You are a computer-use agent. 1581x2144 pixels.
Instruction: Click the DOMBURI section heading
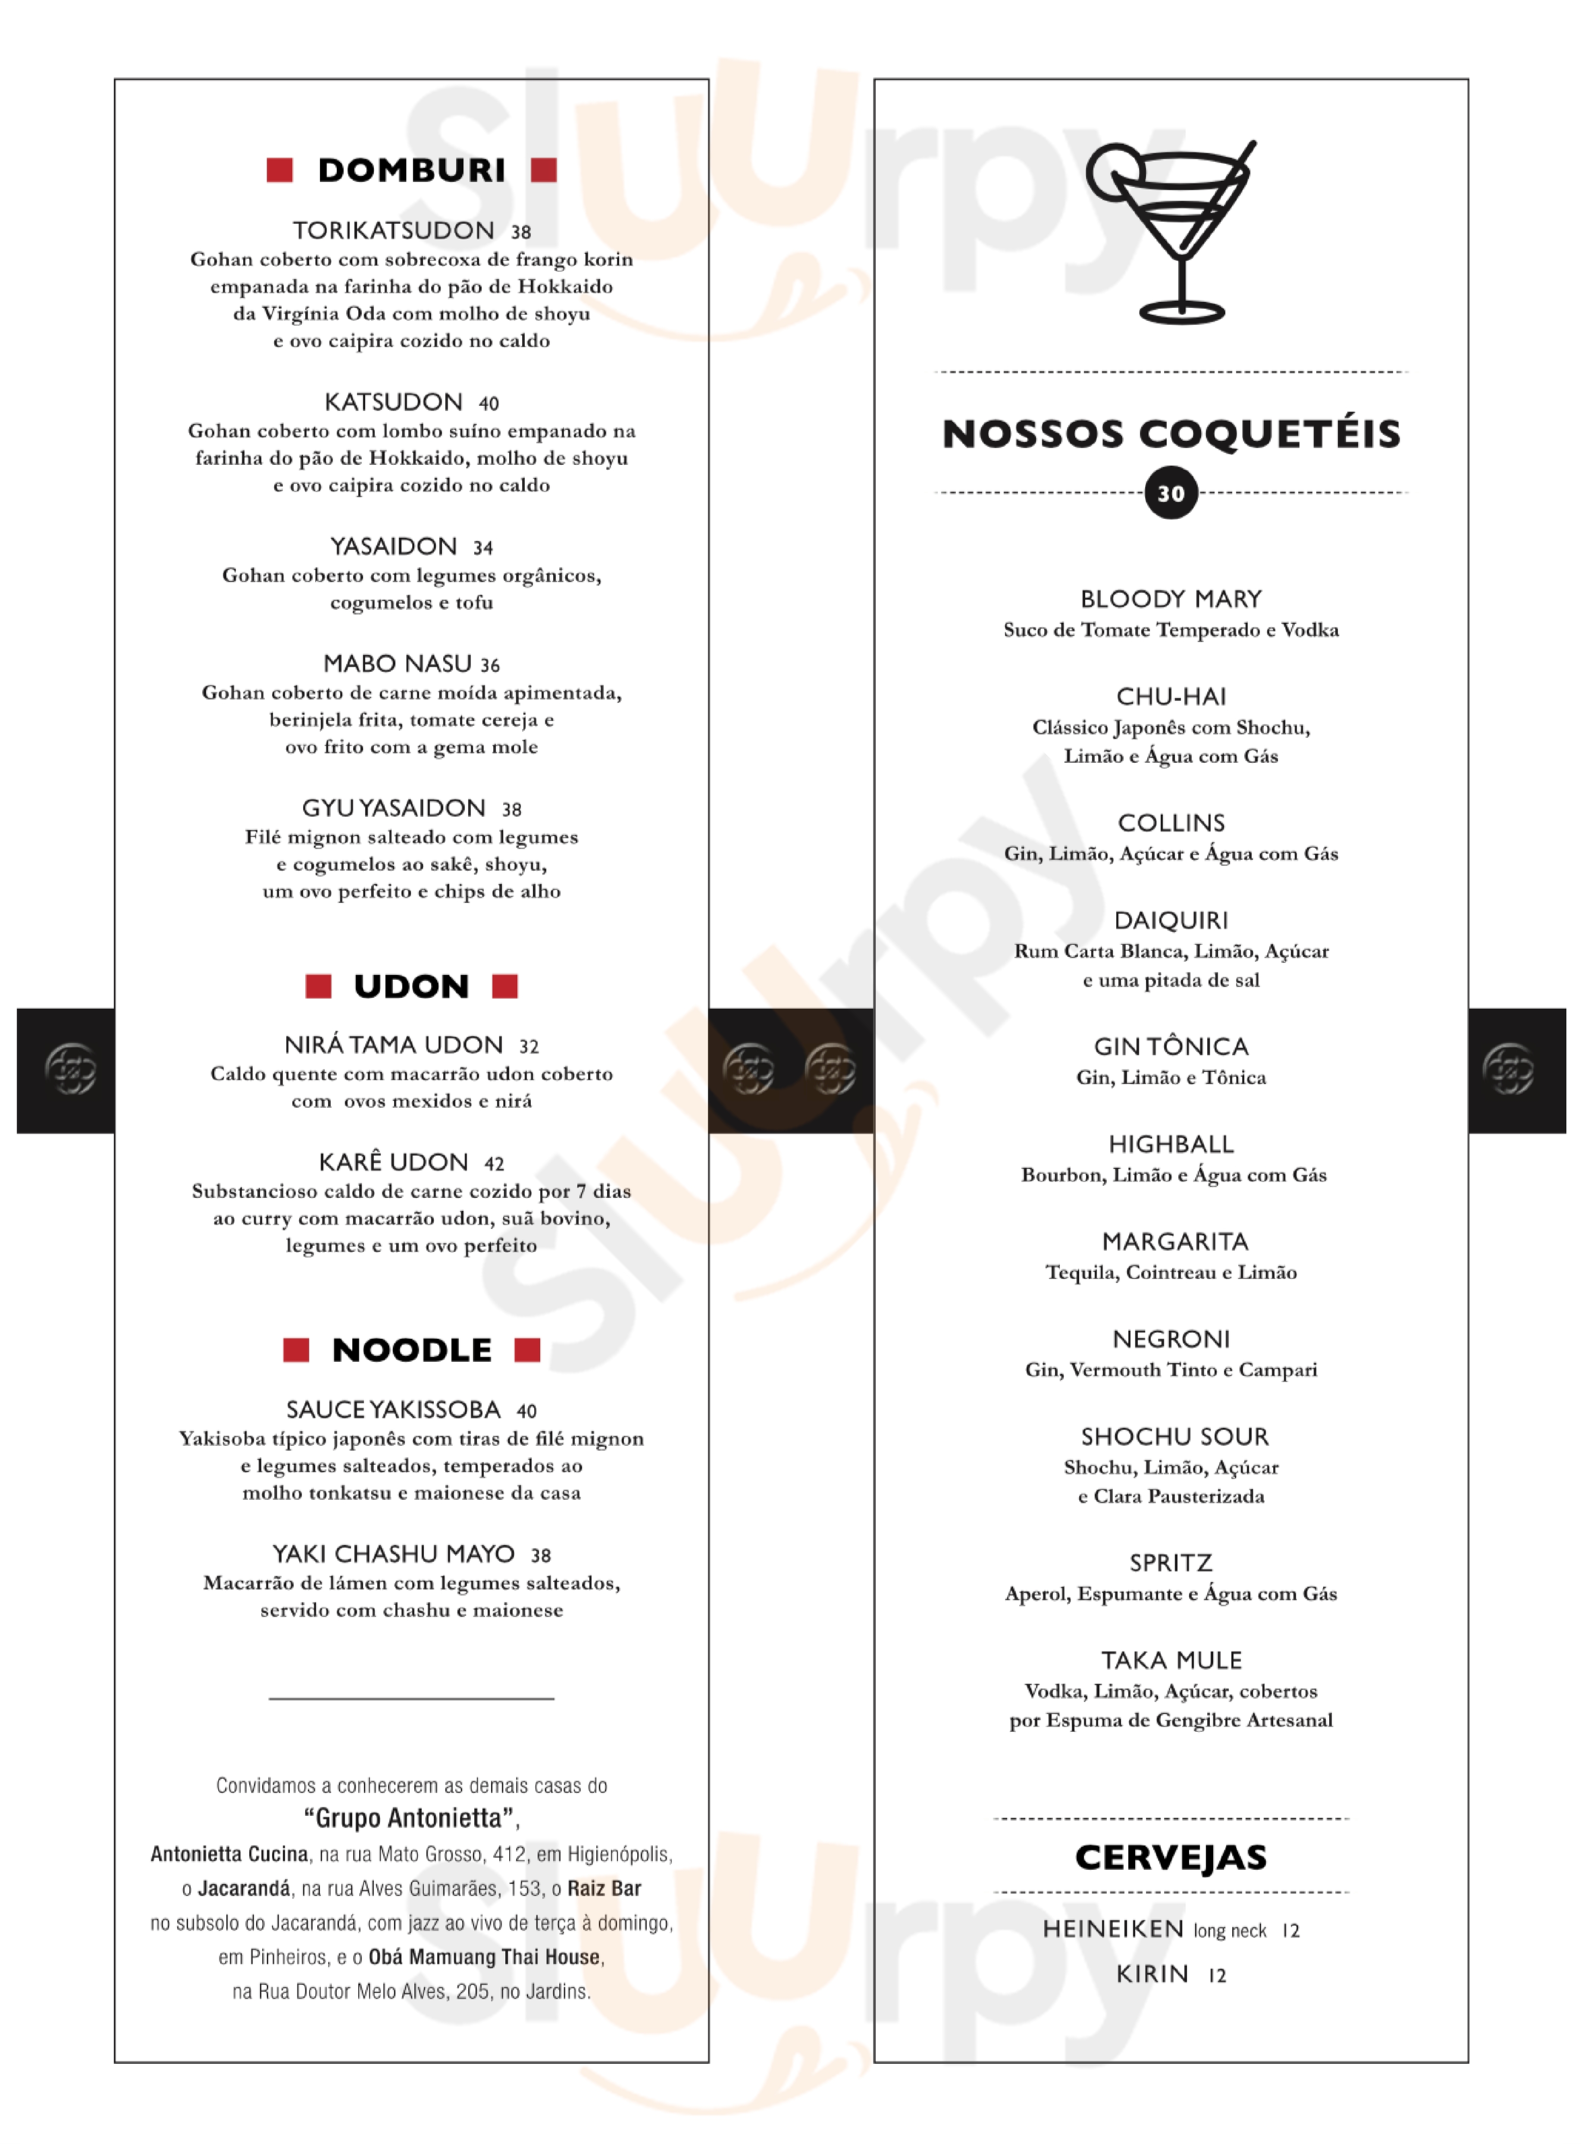[x=411, y=170]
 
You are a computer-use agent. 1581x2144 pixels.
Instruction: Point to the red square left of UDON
[x=318, y=986]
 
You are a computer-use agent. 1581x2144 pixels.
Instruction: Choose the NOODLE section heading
[x=411, y=1350]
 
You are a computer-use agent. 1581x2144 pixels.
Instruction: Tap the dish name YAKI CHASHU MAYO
[x=393, y=1553]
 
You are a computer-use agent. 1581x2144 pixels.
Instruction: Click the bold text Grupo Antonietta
[x=411, y=1818]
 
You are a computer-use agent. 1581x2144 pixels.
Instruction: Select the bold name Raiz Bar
[x=604, y=1888]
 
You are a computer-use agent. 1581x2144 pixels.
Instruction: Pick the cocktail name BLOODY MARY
[x=1171, y=599]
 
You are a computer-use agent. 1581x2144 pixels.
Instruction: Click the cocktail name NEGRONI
[x=1171, y=1339]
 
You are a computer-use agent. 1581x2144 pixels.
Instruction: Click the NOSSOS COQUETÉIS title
[x=1171, y=433]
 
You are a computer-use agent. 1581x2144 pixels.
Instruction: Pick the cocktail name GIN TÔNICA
[x=1171, y=1046]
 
